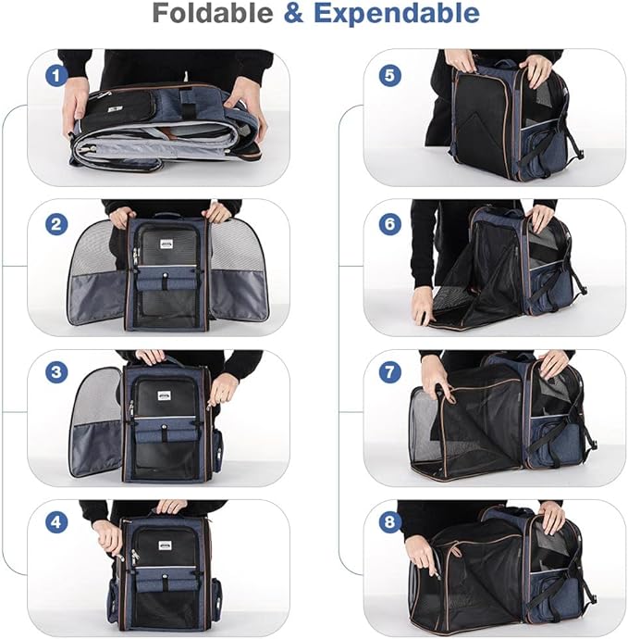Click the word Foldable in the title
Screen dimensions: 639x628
point(213,14)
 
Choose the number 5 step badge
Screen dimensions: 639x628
point(389,75)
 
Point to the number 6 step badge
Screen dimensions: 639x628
point(389,224)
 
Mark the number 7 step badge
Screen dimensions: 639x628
point(389,373)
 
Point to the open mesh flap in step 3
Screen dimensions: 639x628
point(96,421)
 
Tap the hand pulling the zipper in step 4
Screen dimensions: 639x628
point(108,535)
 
